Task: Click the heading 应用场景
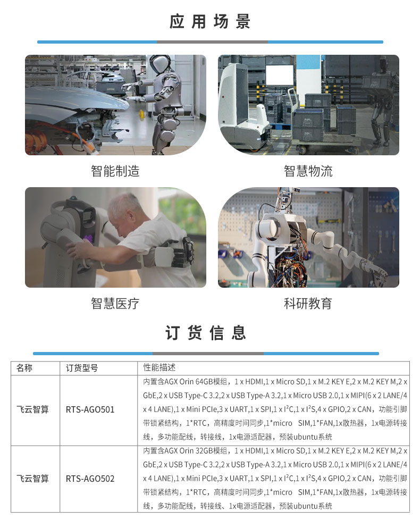[209, 22]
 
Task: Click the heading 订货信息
[205, 333]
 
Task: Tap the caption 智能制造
[115, 171]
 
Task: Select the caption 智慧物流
[308, 171]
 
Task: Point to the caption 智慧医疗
[115, 304]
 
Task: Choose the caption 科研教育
[308, 304]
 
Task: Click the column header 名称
[24, 368]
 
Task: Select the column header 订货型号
[82, 368]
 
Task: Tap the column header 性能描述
[159, 367]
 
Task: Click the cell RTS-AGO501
[90, 409]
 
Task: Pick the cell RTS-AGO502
[90, 479]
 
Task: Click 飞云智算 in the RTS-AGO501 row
[32, 409]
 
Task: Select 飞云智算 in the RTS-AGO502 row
[32, 479]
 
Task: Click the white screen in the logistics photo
[280, 75]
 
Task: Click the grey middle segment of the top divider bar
[212, 42]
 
